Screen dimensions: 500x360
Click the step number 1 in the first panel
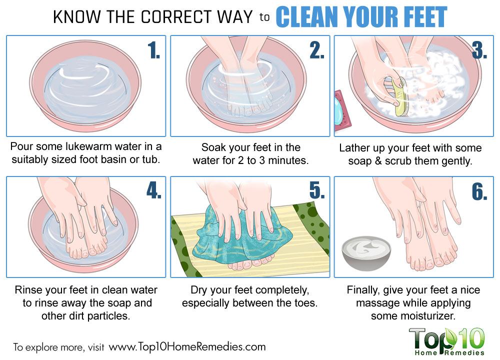click(x=153, y=50)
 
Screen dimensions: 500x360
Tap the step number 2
click(x=317, y=50)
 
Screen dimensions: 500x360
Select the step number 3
click(x=479, y=50)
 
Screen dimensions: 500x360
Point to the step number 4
click(x=154, y=191)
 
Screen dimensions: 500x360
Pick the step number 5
click(x=317, y=191)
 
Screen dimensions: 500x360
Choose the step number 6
click(x=479, y=192)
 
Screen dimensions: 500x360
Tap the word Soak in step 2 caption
click(x=213, y=147)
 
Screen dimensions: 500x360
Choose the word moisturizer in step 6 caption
click(x=428, y=315)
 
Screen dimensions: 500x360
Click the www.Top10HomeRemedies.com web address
click(x=187, y=346)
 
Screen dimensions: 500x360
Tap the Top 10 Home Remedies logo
click(x=446, y=341)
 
